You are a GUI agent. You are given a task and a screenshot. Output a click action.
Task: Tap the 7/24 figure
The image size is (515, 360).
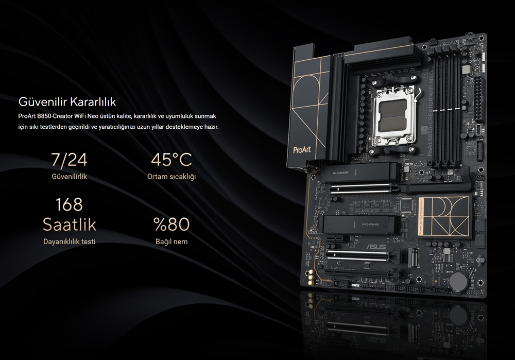tap(69, 160)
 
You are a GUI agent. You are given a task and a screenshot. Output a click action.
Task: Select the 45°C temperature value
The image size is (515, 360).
tap(171, 160)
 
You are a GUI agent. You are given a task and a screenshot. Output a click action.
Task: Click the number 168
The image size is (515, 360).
tap(69, 204)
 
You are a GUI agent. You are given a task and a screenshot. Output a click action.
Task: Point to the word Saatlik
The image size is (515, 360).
tap(69, 225)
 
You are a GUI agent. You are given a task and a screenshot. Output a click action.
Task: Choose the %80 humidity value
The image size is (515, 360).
tap(171, 225)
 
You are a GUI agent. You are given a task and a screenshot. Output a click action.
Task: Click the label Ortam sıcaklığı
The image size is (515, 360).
tap(171, 177)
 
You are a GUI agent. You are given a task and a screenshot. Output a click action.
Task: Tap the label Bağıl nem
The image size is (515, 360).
tap(171, 242)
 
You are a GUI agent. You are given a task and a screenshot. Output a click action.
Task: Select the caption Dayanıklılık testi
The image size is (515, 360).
tap(69, 242)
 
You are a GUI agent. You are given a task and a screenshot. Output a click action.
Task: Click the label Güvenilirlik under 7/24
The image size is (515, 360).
tap(69, 177)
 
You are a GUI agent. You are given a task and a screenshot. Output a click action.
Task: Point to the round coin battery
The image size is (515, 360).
tap(457, 281)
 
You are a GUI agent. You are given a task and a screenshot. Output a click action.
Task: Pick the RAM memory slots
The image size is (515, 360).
tap(446, 108)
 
